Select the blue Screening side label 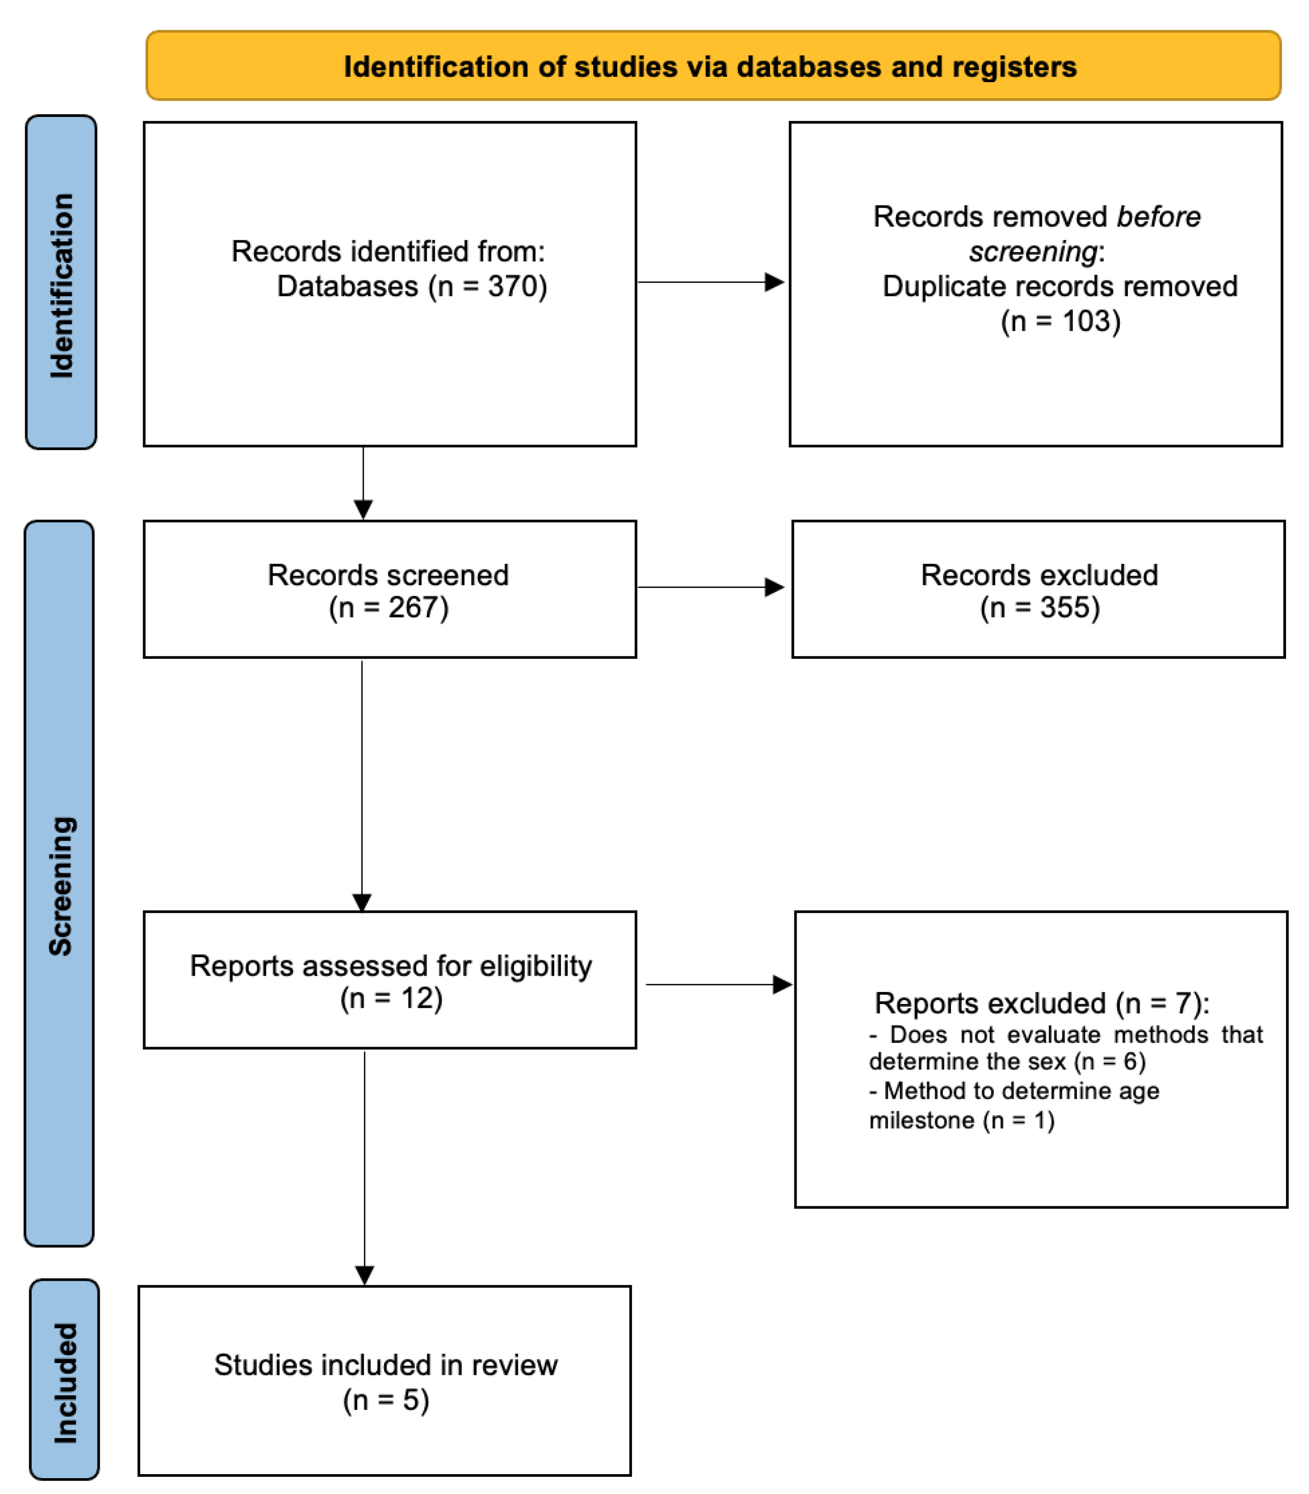click(x=60, y=885)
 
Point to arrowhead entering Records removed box click(x=774, y=282)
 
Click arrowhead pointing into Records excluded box click(x=774, y=587)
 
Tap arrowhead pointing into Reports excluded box click(x=782, y=985)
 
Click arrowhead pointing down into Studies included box click(x=365, y=1275)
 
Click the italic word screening click(x=1033, y=252)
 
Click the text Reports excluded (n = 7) click(x=1041, y=1004)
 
